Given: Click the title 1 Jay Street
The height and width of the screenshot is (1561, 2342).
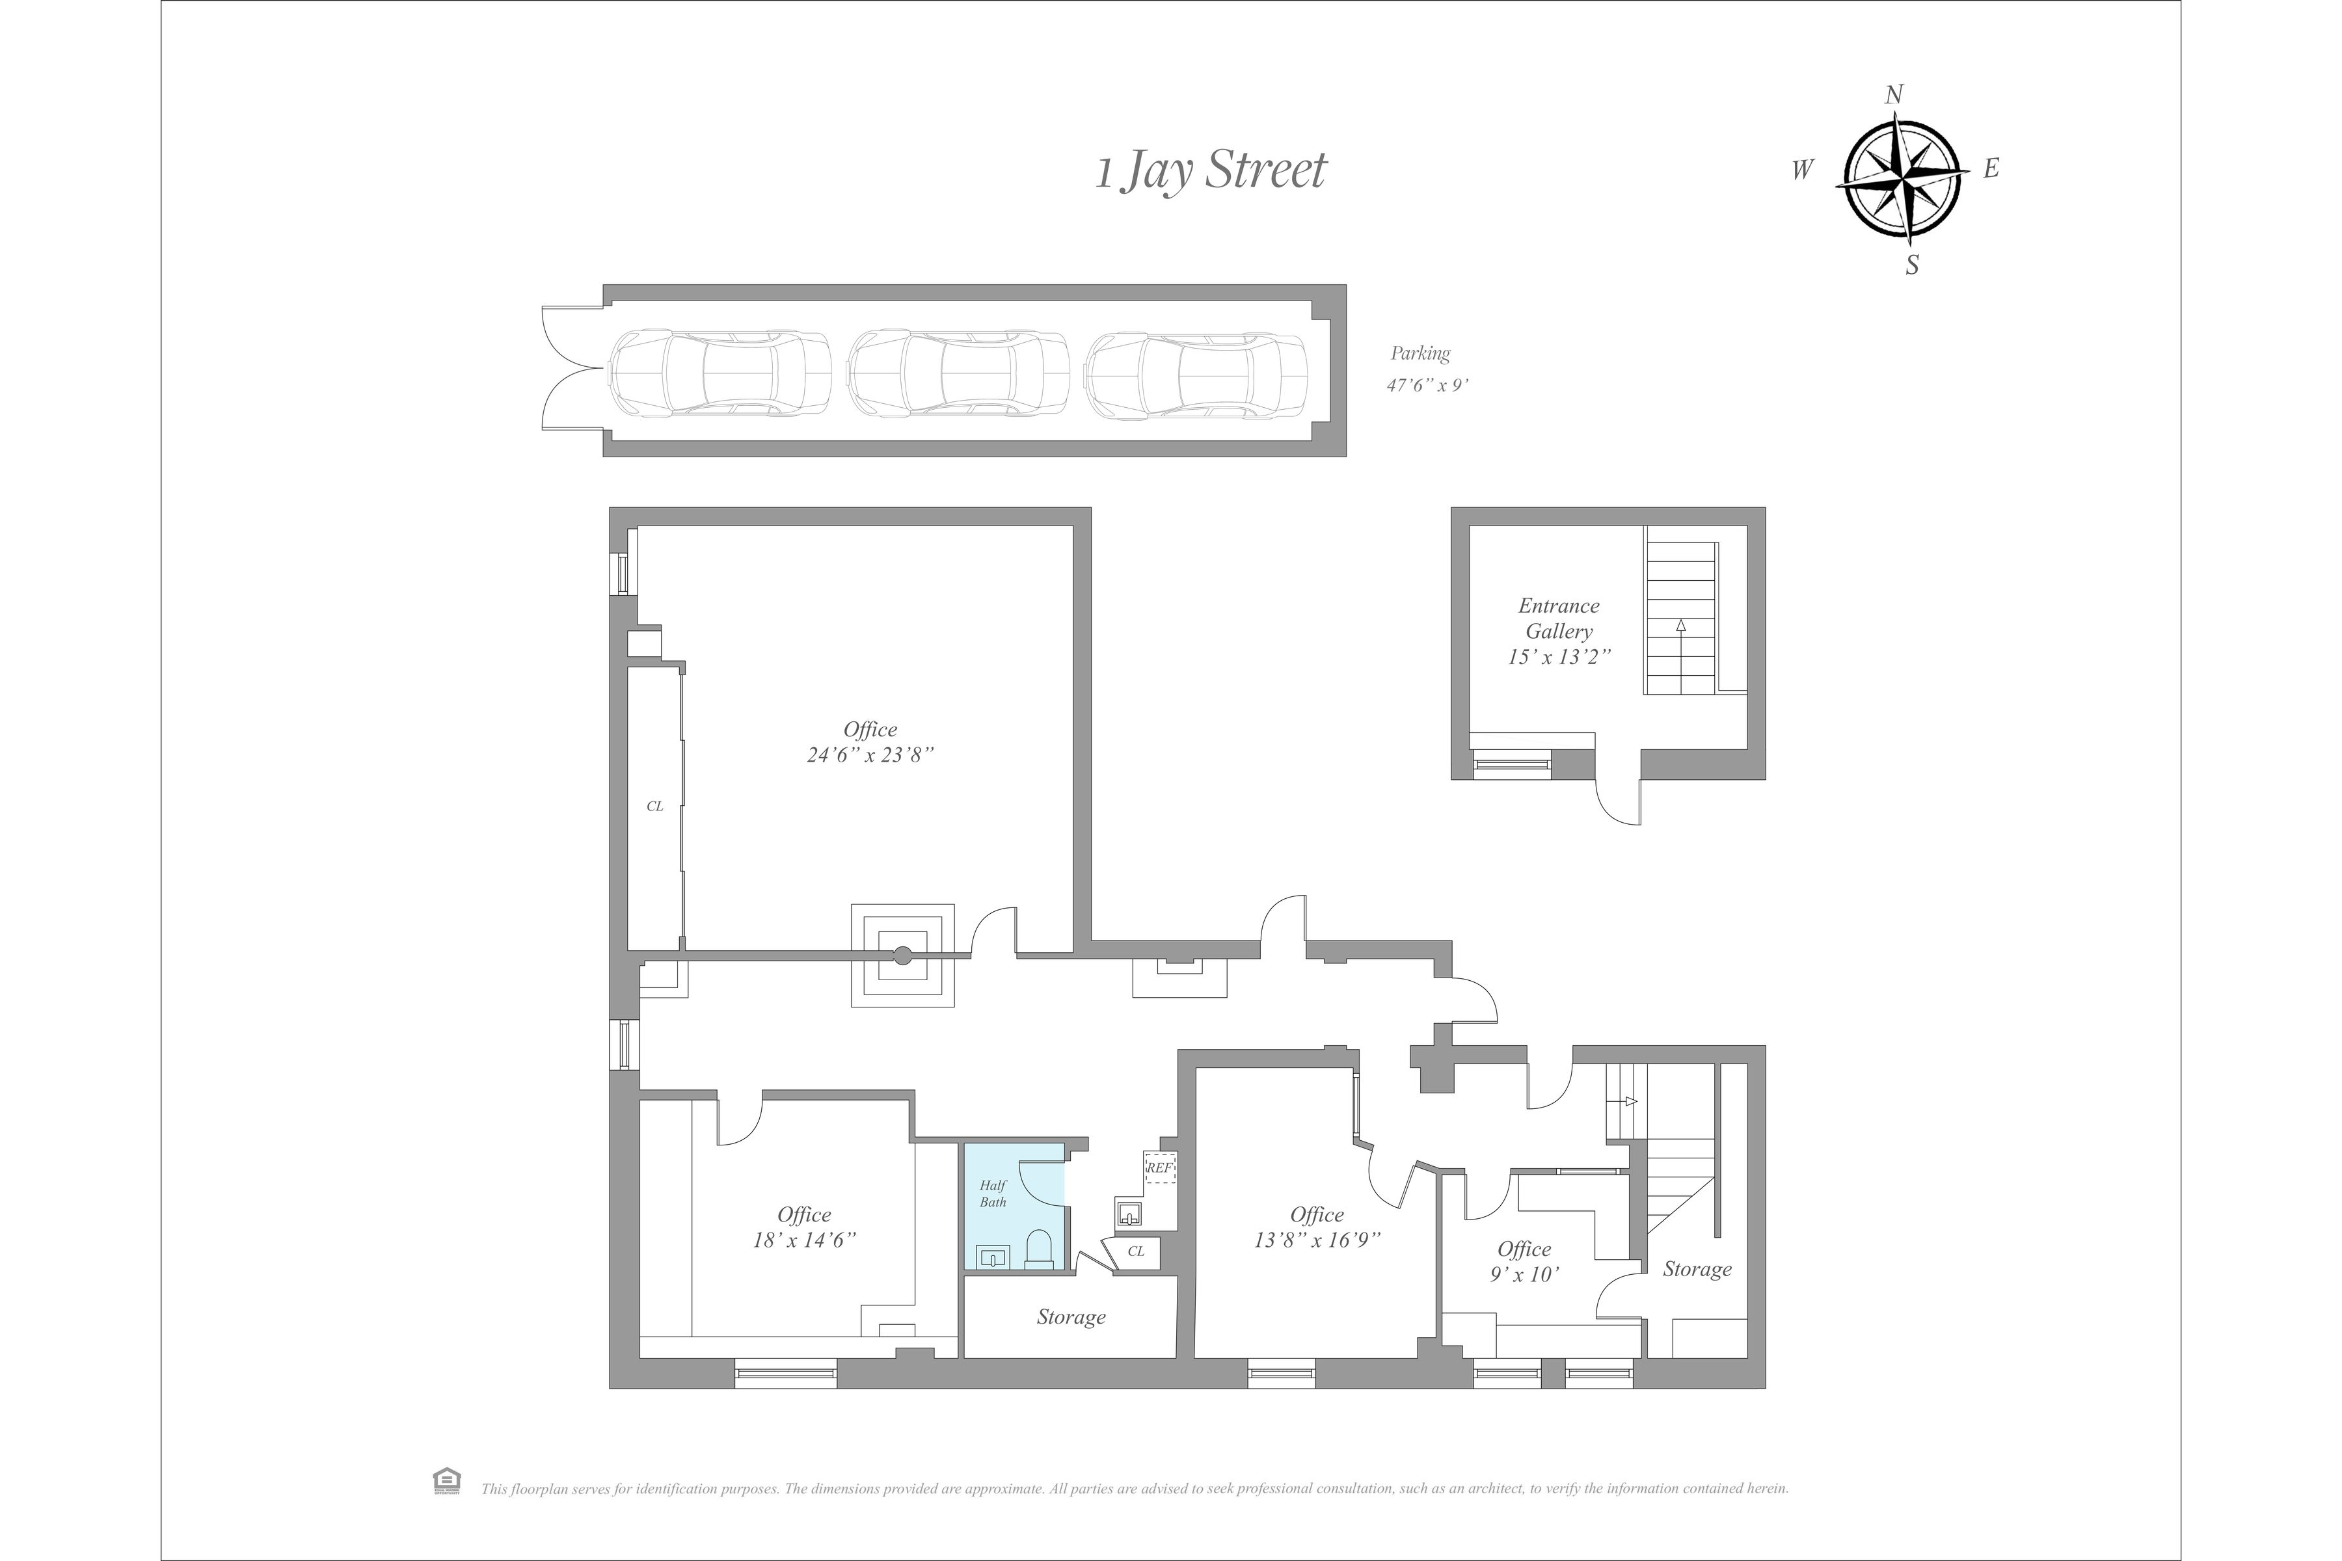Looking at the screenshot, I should coord(1211,170).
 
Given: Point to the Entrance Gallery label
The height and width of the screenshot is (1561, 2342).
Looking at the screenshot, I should coord(1558,619).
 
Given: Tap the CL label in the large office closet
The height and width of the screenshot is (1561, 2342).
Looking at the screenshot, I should coord(654,807).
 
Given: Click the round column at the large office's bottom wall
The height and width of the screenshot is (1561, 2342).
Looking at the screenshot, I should coord(902,955).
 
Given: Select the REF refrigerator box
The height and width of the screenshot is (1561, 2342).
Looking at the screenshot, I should coord(1160,1167).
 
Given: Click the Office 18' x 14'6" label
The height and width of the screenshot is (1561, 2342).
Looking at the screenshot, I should coord(803,1227).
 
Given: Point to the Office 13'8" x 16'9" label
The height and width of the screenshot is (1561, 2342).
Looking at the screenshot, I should coord(1316,1227).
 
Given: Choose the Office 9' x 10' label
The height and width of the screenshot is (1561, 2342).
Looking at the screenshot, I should coord(1524,1261).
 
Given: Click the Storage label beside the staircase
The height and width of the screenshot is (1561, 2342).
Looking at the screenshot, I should coord(1697,1270).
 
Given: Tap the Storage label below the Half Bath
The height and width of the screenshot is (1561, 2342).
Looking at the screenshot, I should coord(1070,1317).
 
